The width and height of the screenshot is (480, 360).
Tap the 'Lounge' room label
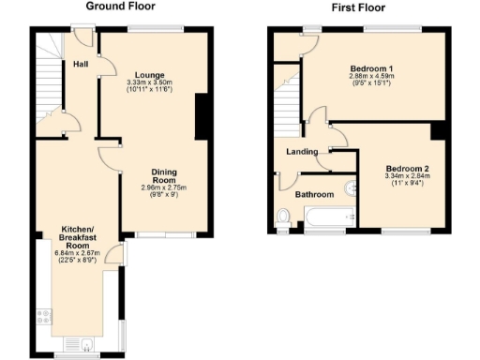coord(150,74)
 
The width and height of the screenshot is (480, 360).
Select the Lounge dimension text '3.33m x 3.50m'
coord(150,82)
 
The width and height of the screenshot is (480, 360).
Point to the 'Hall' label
coord(82,65)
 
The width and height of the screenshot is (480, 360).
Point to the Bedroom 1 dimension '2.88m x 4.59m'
coord(369,79)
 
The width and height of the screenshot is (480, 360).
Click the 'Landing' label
coord(303,152)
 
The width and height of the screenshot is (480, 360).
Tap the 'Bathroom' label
coord(315,195)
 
